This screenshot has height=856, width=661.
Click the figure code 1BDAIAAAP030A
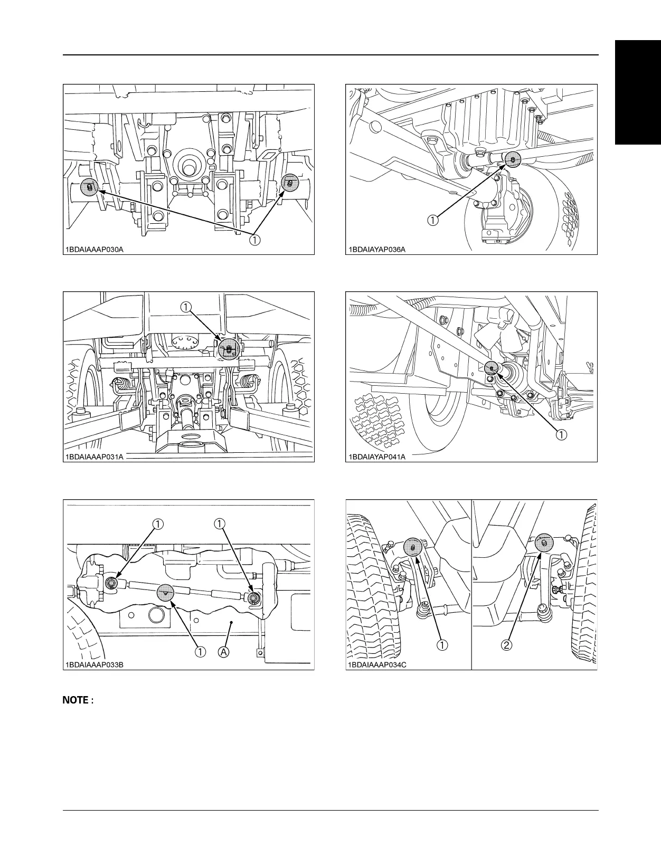pyautogui.click(x=95, y=250)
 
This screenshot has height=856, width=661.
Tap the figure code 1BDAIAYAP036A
pyautogui.click(x=376, y=250)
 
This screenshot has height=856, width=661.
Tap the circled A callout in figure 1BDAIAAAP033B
pyautogui.click(x=224, y=652)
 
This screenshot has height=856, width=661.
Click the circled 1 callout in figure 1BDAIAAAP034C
pyautogui.click(x=442, y=645)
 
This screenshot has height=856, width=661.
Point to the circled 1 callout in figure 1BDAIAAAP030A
pyautogui.click(x=254, y=240)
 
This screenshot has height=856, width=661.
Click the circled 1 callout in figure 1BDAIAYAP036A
pyautogui.click(x=432, y=221)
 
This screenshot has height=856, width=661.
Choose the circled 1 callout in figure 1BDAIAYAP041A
pyautogui.click(x=561, y=435)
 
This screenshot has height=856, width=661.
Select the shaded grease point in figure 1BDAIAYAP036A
pyautogui.click(x=513, y=158)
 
